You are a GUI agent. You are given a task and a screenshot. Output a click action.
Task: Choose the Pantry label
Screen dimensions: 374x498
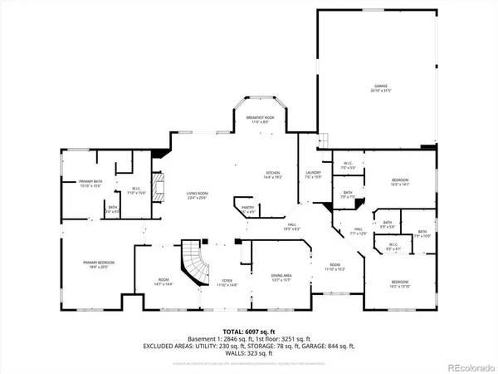coord(247,210)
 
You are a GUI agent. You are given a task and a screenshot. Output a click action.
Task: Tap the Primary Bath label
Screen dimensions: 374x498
coord(90,184)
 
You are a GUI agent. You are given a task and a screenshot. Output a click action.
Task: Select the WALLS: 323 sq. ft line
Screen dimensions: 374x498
coord(248,355)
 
